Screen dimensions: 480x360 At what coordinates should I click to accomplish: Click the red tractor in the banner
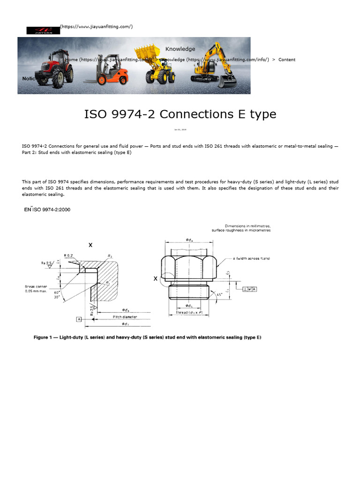56,68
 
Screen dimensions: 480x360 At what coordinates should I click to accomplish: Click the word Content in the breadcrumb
287,60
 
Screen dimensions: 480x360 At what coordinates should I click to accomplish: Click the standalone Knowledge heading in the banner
180,49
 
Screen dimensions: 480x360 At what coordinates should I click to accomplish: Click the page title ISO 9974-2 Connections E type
180,114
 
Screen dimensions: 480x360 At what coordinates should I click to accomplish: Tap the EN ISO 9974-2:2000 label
47,210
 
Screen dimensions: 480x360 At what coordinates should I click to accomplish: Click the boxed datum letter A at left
79,319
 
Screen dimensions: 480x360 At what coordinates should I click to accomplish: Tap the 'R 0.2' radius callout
68,255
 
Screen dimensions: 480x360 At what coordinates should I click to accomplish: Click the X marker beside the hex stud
156,278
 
